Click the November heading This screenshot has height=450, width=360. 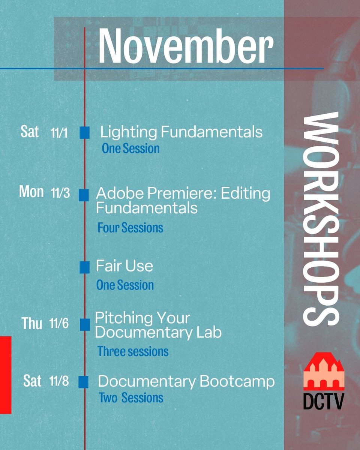point(185,46)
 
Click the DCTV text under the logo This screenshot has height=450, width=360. point(323,400)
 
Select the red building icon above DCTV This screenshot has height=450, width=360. point(324,371)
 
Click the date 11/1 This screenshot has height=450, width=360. point(59,133)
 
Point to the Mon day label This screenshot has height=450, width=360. point(31,192)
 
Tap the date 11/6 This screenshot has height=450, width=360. point(59,324)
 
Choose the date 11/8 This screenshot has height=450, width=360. point(59,382)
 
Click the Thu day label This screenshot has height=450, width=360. point(31,324)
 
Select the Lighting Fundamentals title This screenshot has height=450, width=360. point(181,132)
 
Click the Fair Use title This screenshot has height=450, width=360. point(124,266)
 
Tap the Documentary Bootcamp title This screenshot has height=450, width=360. point(186,382)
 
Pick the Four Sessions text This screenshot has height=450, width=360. point(130,228)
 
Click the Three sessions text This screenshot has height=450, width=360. point(133,351)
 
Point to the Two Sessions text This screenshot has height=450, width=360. point(131,397)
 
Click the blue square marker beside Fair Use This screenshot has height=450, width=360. point(84,267)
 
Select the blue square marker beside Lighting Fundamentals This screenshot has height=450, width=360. point(84,132)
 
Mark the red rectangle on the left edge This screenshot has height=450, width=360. point(6,375)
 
